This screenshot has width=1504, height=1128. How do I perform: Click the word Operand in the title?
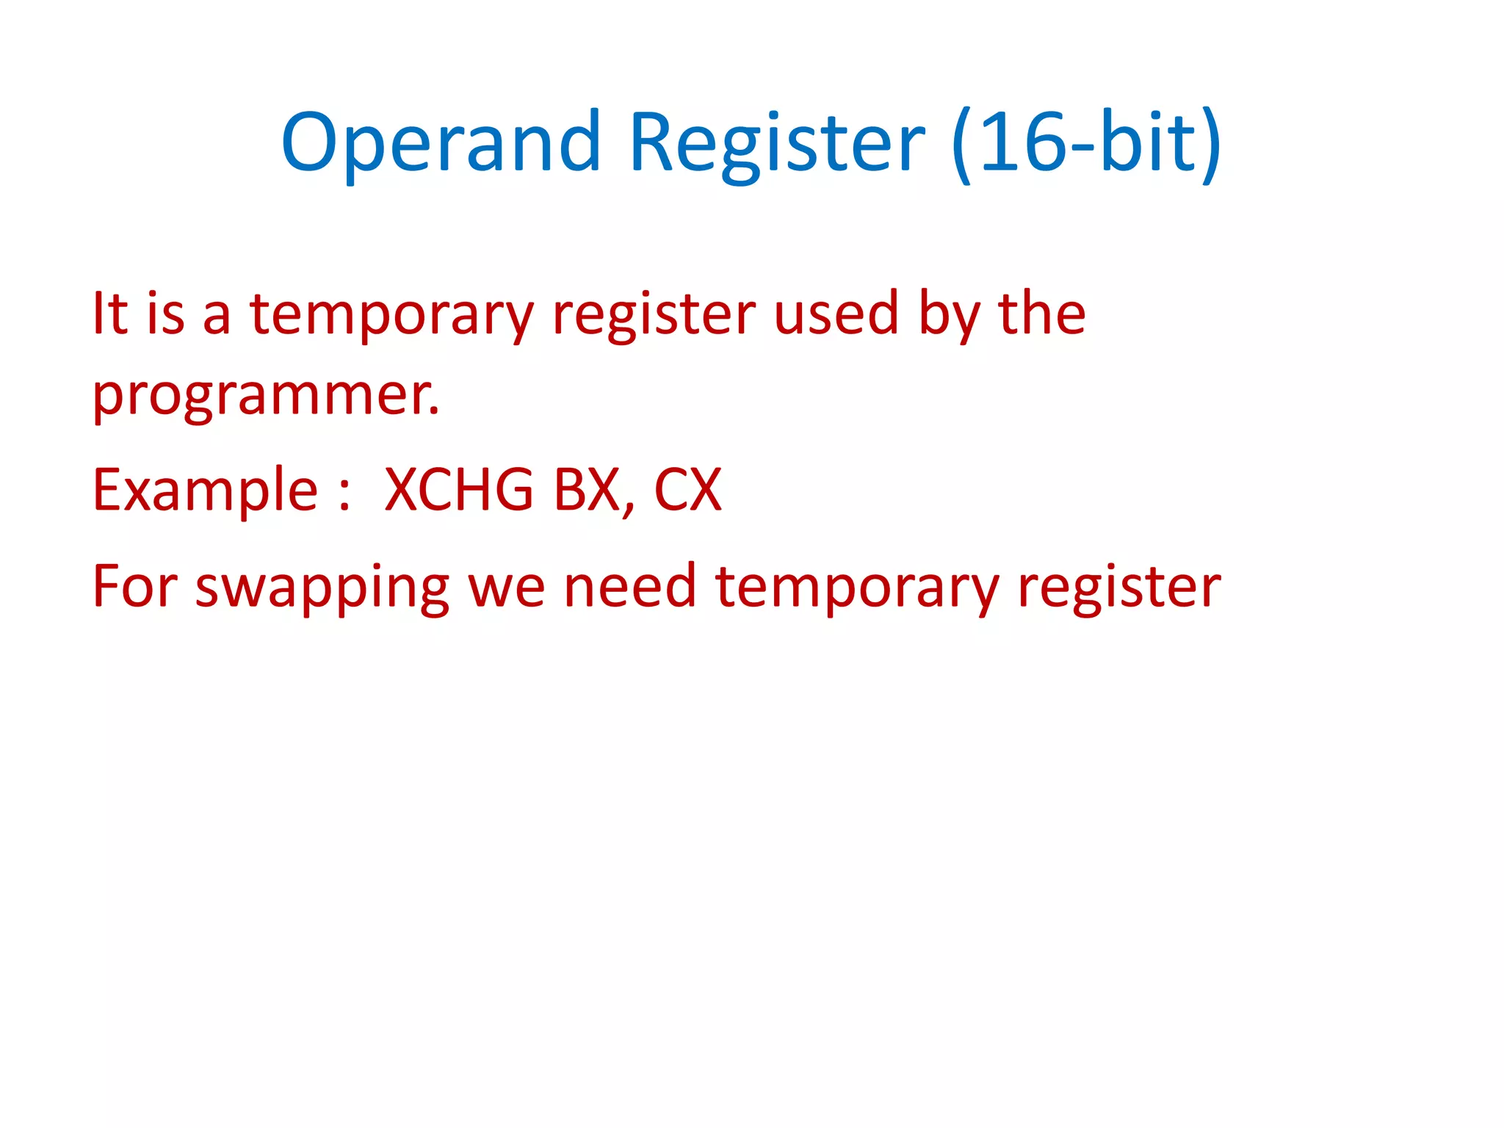click(441, 143)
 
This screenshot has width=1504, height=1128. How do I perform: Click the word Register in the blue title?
click(777, 143)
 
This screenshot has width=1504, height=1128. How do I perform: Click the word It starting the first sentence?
click(110, 314)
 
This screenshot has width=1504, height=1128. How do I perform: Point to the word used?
click(836, 314)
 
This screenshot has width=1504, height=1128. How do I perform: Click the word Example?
click(205, 491)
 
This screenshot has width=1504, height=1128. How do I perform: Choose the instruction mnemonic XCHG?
click(459, 491)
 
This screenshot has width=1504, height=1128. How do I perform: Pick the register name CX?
click(687, 491)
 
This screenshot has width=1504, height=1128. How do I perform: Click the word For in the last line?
click(135, 587)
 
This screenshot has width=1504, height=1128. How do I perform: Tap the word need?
click(629, 587)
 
